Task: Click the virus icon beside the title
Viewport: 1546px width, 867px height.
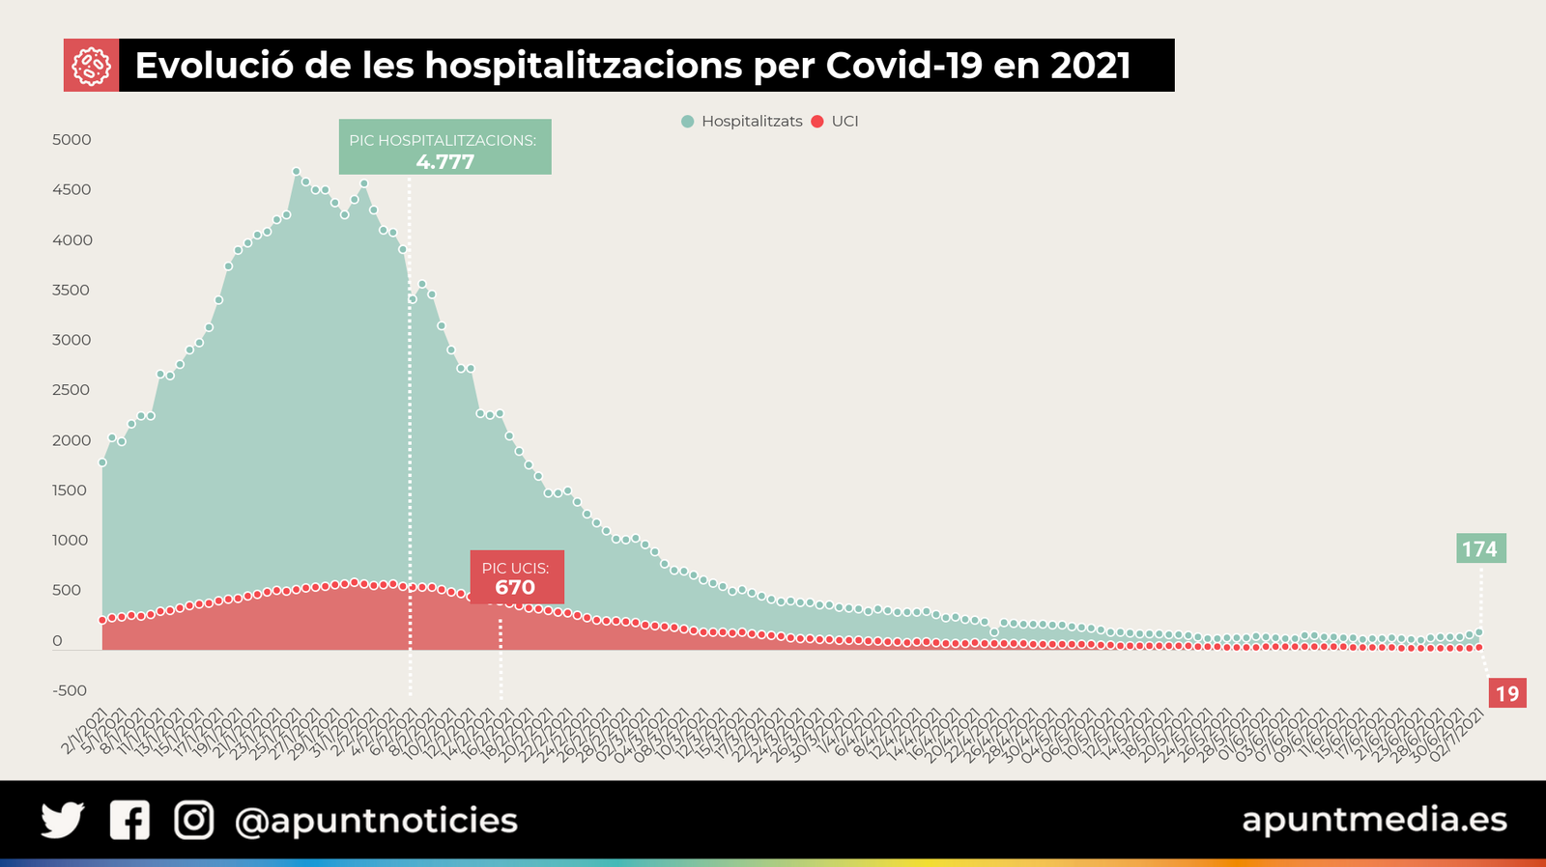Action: pyautogui.click(x=91, y=66)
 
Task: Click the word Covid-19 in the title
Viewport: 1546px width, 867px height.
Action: pyautogui.click(x=903, y=66)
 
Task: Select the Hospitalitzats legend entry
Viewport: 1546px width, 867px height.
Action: pyautogui.click(x=742, y=122)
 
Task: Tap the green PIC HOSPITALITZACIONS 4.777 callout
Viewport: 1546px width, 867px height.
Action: pyautogui.click(x=444, y=148)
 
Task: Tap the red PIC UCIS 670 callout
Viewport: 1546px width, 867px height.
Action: pyautogui.click(x=516, y=577)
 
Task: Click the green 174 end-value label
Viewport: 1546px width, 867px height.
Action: pyautogui.click(x=1479, y=549)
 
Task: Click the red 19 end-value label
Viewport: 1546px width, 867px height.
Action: pyautogui.click(x=1506, y=693)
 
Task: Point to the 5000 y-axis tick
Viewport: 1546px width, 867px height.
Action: pyautogui.click(x=72, y=140)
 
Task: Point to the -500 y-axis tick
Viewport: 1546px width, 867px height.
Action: pyautogui.click(x=70, y=691)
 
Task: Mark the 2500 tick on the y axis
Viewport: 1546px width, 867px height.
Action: pyautogui.click(x=72, y=390)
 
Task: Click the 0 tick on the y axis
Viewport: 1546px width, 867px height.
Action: pyautogui.click(x=57, y=641)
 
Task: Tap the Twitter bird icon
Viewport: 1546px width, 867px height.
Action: pyautogui.click(x=63, y=821)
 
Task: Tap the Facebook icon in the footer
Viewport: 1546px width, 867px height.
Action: pyautogui.click(x=129, y=821)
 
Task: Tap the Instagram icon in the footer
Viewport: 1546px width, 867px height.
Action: pyautogui.click(x=193, y=821)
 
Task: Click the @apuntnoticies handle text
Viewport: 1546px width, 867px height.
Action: pyautogui.click(x=376, y=821)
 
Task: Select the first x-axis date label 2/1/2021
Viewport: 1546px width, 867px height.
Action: pyautogui.click(x=85, y=734)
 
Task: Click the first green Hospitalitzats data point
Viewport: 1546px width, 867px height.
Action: pyautogui.click(x=102, y=462)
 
